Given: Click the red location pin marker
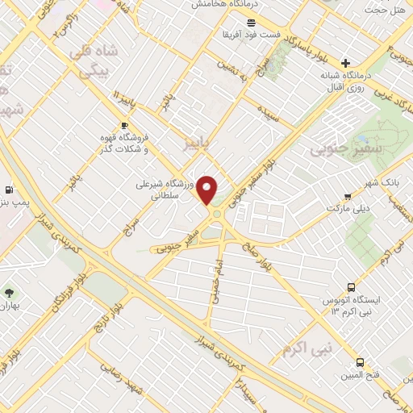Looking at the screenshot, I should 207,190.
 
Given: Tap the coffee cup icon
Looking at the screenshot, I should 124,125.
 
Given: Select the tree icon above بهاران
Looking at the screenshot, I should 9,294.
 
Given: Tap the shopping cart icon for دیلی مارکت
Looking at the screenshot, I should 348,196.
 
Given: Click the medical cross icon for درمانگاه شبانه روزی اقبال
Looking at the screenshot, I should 346,63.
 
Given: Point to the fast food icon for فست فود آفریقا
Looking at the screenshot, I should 252,22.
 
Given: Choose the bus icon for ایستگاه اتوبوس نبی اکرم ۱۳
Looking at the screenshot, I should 351,287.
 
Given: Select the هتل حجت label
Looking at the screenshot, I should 385,9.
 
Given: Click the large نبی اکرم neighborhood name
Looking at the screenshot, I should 307,348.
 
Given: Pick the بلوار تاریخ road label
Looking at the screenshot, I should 131,306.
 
